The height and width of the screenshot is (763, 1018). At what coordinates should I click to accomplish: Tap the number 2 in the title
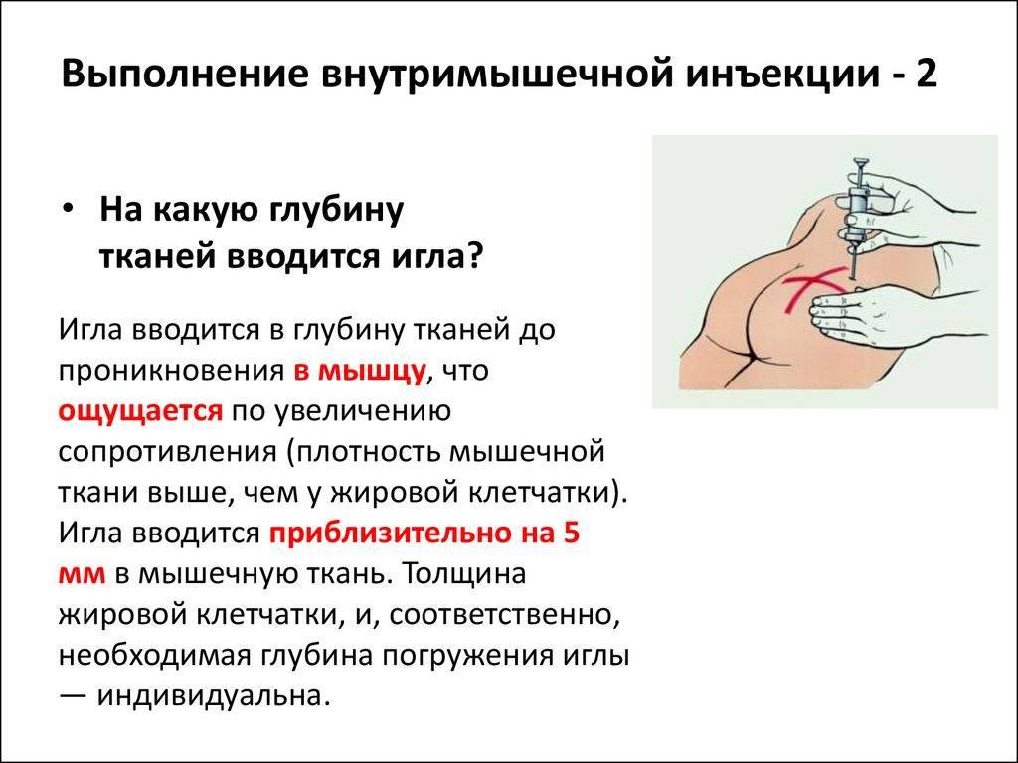coord(926,74)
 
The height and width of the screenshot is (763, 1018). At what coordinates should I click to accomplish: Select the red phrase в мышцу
coord(360,372)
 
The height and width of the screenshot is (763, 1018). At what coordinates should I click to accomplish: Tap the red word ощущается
coord(141,412)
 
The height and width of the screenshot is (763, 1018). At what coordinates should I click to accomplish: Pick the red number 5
coord(571,533)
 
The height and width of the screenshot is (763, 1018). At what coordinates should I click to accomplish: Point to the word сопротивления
coord(168,452)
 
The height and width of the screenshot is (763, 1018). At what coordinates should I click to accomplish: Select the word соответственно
coord(501,616)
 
